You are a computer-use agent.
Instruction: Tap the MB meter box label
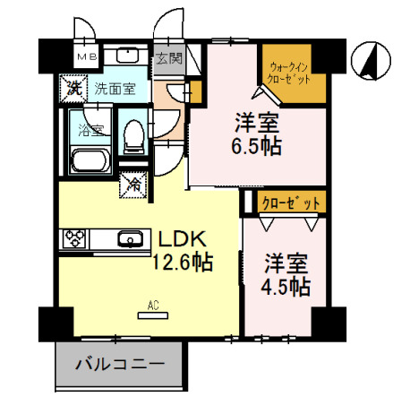pos(85,57)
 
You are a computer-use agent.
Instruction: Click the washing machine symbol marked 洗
pos(73,88)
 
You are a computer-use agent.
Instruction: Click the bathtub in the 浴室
pos(88,162)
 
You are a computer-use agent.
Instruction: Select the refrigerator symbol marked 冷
pos(132,185)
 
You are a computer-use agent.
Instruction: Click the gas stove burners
pos(73,238)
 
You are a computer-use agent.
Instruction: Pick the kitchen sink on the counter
pos(131,238)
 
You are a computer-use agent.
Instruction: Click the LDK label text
pos(184,239)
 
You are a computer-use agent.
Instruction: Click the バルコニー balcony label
pos(118,365)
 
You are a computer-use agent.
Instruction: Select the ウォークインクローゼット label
pos(287,72)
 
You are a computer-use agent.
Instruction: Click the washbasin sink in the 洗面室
pos(129,56)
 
